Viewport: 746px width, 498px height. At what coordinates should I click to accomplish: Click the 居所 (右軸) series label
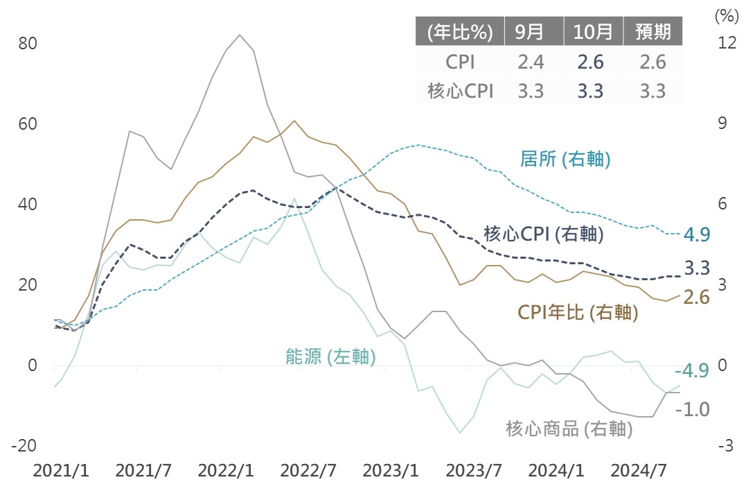coord(565,160)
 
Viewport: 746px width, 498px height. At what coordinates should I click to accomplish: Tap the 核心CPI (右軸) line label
coord(543,234)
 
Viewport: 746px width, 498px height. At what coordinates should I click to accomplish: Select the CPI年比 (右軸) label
coord(578,312)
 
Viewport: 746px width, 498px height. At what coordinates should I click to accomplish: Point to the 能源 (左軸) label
coord(330,357)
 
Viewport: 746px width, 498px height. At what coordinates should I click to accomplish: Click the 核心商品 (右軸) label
coord(569,429)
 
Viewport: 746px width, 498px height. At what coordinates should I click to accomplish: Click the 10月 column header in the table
coord(594,32)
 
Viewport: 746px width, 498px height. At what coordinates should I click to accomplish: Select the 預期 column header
coord(652,32)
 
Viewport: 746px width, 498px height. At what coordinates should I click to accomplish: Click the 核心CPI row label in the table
coord(461,91)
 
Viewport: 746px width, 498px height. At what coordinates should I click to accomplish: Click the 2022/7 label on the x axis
coord(308,471)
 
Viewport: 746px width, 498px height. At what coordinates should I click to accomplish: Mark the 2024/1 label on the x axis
coord(555,471)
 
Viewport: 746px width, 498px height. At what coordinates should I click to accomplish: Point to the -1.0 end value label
coord(692,409)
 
